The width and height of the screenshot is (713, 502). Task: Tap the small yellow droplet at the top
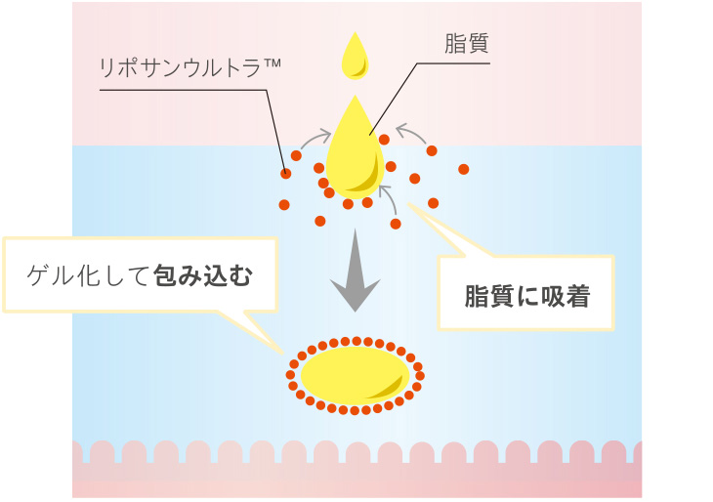tap(354, 56)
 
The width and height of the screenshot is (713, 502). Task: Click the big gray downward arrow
tap(355, 269)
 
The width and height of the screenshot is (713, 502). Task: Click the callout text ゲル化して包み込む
tap(140, 276)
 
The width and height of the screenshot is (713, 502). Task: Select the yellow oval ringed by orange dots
tap(355, 374)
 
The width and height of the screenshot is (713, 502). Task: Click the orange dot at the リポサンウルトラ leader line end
tap(286, 174)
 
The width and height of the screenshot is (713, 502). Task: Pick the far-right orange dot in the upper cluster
tap(463, 169)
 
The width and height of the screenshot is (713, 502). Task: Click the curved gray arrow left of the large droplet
tap(315, 141)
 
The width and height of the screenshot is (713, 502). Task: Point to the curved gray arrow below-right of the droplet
tap(389, 198)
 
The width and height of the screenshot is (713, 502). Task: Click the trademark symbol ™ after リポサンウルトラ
tap(273, 63)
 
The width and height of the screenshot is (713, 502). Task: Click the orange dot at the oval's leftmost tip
tap(291, 375)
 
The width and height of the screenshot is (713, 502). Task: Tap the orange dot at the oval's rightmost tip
tap(420, 375)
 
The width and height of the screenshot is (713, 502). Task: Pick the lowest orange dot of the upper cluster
tap(396, 224)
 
